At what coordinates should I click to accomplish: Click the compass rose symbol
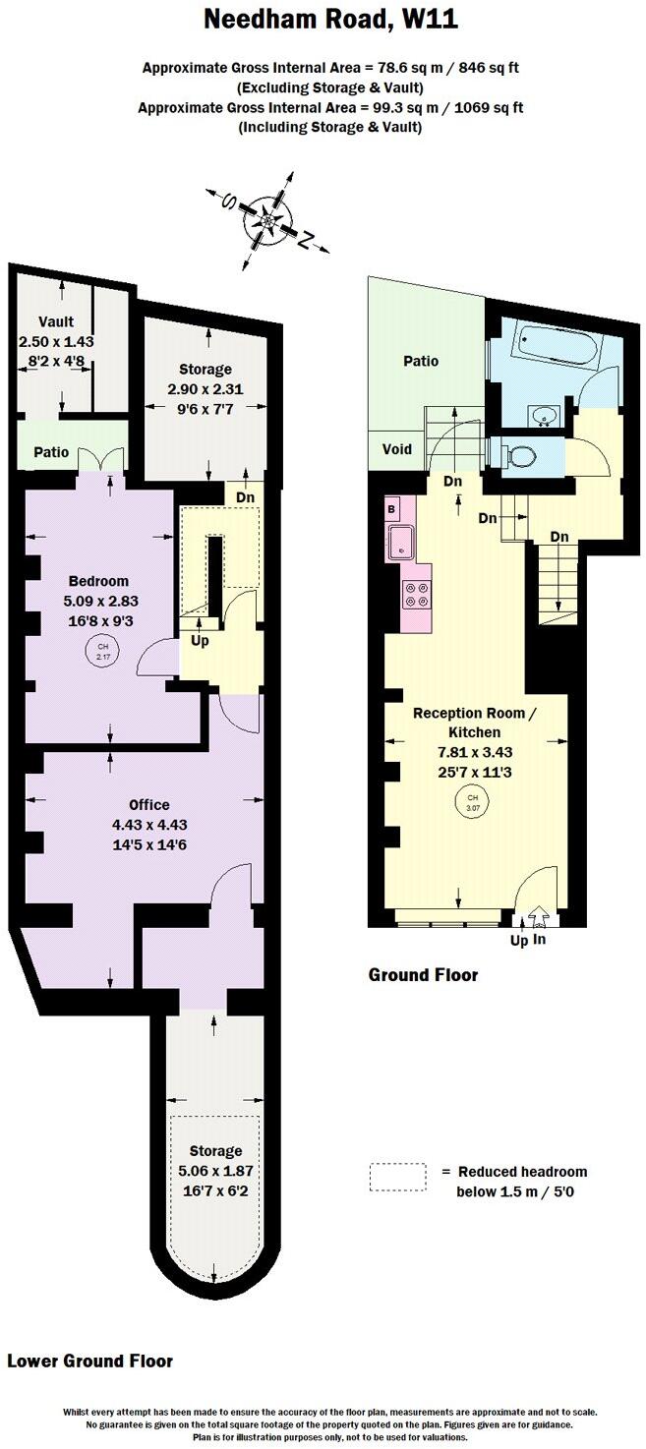click(x=268, y=221)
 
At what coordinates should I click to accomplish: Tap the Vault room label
click(x=56, y=322)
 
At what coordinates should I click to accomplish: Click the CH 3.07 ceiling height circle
click(x=473, y=802)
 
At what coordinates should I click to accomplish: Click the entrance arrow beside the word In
click(x=538, y=918)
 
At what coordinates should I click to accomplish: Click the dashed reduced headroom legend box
click(x=398, y=1178)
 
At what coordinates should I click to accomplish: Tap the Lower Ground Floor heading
click(x=90, y=1362)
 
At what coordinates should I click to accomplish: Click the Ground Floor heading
click(x=423, y=975)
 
